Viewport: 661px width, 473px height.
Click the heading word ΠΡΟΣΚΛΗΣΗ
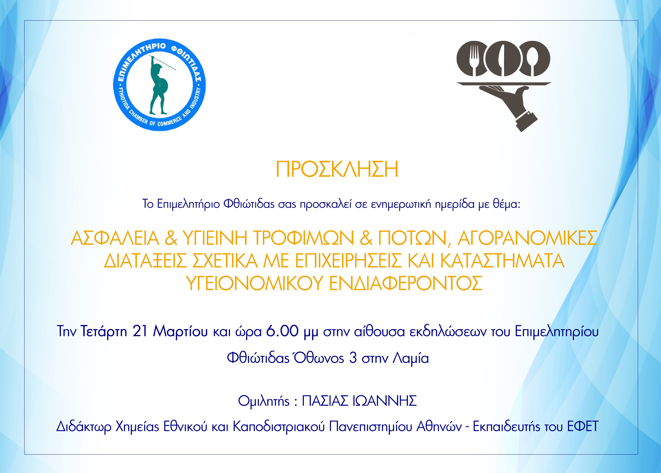[337, 169]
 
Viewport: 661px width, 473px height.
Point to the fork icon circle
[472, 58]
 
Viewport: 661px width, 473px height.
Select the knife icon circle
[502, 58]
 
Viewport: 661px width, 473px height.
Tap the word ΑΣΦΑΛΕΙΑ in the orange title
[115, 238]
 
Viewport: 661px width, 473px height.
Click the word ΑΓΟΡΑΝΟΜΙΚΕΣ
[527, 238]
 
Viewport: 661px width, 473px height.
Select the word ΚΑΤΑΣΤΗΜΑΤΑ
[502, 261]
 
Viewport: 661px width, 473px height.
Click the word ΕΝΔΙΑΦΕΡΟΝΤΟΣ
[406, 283]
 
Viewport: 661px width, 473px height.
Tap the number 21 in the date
[140, 331]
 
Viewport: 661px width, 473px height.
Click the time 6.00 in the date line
[282, 331]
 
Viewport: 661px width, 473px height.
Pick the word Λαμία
[411, 358]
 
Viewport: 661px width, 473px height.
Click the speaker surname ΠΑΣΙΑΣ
[325, 401]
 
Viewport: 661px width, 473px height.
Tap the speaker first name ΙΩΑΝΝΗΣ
[385, 401]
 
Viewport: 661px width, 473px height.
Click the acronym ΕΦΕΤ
[583, 426]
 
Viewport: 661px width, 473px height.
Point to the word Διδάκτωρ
[84, 427]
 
